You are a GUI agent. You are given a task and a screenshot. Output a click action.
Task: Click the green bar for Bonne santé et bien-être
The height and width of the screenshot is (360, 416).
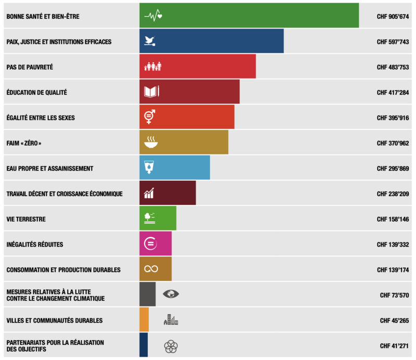249,16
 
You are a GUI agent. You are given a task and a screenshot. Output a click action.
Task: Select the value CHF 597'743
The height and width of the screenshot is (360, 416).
393,42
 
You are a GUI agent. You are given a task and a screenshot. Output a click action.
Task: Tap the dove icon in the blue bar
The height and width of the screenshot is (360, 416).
150,41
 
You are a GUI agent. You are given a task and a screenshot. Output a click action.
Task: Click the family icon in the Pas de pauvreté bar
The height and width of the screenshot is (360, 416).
153,67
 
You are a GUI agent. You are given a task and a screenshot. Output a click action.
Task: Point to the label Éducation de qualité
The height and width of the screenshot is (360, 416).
36,93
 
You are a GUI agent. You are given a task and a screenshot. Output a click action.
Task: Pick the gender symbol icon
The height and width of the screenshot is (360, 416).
150,117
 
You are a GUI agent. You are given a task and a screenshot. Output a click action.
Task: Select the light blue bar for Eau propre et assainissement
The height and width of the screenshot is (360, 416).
175,168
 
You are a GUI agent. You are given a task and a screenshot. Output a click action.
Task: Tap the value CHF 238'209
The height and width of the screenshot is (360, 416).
393,194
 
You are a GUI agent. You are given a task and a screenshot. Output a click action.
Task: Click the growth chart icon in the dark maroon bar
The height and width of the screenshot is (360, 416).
149,193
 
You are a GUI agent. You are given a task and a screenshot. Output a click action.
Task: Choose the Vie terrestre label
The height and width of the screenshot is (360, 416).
26,220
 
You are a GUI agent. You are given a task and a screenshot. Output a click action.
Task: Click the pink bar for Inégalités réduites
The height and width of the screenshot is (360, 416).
155,243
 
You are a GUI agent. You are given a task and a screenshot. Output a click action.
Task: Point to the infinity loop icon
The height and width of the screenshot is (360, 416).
151,269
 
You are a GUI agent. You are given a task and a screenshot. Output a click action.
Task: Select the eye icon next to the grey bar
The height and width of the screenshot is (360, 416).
171,294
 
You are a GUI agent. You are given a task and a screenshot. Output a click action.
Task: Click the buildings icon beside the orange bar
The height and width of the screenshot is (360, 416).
171,319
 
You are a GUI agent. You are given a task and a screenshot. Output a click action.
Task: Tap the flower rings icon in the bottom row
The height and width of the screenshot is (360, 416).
171,346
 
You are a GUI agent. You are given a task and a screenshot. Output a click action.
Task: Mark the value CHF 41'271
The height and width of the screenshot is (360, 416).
394,346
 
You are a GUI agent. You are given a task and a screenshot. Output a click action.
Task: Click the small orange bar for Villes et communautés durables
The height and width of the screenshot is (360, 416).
144,319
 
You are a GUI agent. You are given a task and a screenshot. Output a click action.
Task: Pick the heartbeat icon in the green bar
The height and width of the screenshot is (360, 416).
153,16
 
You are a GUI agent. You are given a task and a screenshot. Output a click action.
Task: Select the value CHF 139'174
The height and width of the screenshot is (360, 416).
393,270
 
